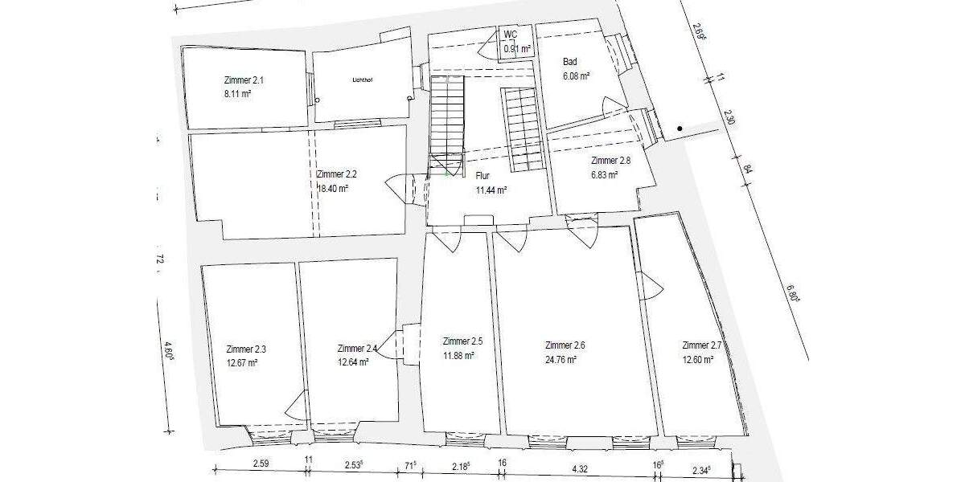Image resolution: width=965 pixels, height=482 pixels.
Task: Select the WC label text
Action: [510, 35]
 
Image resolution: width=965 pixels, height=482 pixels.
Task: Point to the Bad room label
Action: [570, 62]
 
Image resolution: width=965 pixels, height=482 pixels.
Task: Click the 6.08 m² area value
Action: [577, 76]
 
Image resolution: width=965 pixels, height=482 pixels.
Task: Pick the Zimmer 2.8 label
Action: [610, 160]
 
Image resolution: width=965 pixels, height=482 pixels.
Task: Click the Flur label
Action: [482, 175]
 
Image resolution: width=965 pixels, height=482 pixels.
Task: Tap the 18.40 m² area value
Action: [333, 189]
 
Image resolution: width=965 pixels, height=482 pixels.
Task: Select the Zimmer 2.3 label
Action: [246, 349]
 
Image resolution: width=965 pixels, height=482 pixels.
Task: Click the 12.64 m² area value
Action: [353, 362]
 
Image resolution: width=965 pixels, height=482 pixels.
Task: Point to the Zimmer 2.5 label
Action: [462, 341]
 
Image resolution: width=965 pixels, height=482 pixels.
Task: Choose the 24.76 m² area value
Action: [561, 360]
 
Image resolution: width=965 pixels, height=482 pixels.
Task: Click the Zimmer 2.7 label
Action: [702, 345]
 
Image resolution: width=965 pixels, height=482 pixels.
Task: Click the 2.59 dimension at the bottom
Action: [261, 464]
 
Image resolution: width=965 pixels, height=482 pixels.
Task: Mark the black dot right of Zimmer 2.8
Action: [680, 129]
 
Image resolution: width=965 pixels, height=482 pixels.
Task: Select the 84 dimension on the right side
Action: [747, 169]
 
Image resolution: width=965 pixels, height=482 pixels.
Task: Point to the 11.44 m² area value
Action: [491, 190]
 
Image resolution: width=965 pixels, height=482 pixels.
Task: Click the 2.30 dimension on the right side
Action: [729, 117]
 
